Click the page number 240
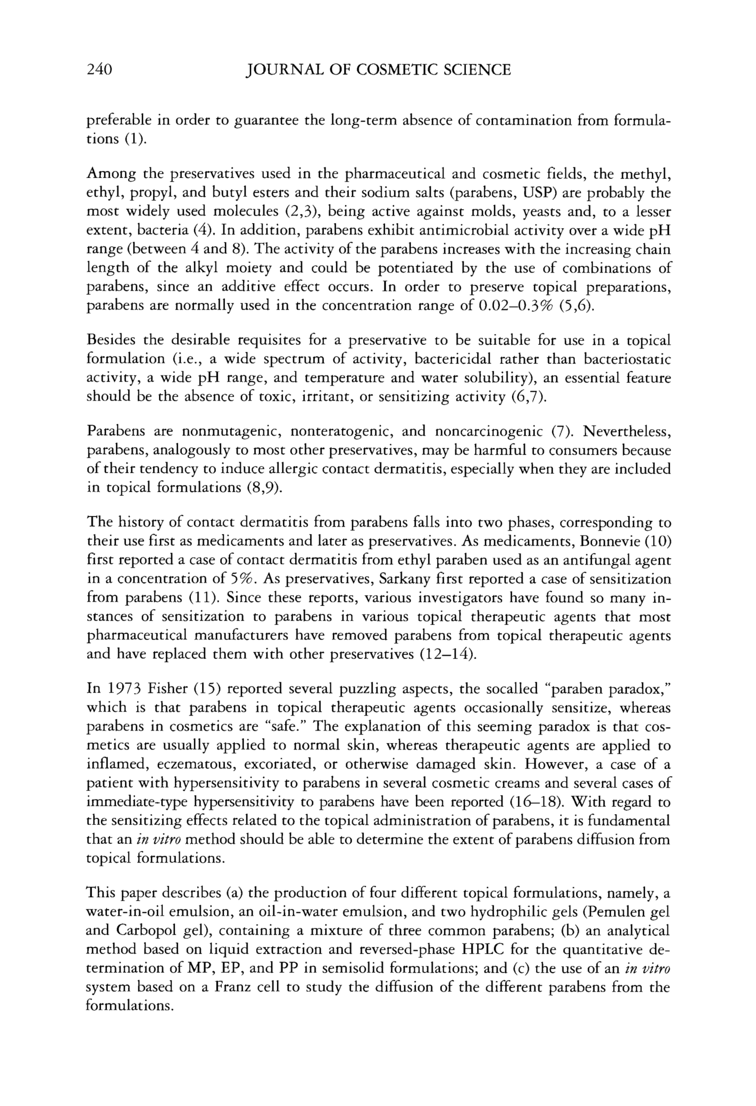(x=99, y=70)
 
